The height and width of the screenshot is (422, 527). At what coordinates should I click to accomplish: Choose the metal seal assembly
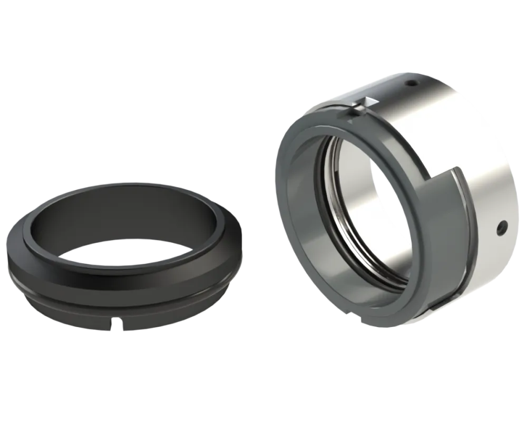pyautogui.click(x=395, y=200)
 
